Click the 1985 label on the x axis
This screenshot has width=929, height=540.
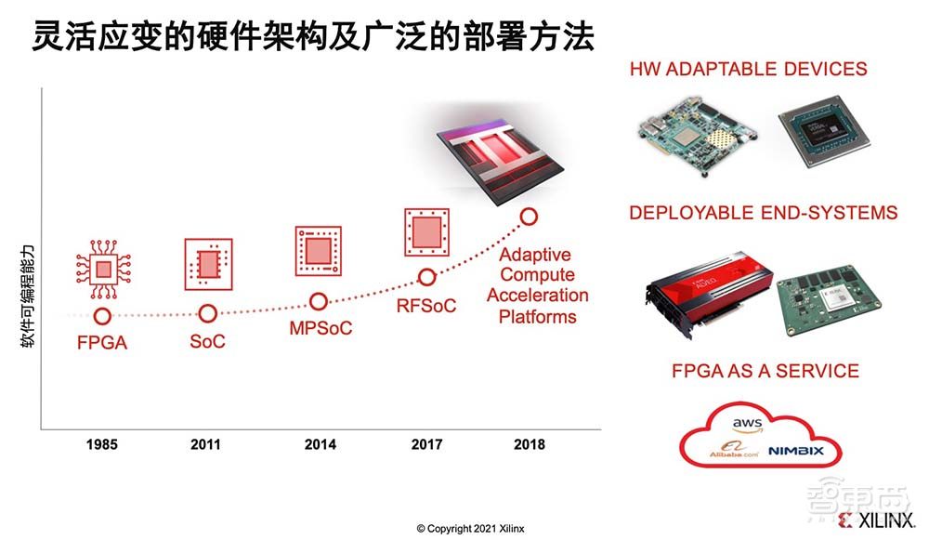[x=101, y=444]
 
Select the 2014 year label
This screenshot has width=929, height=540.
[x=320, y=444]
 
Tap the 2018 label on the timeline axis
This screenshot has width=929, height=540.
[x=529, y=444]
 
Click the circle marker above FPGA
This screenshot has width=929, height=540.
[x=102, y=317]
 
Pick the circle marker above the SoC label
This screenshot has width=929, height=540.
[x=208, y=314]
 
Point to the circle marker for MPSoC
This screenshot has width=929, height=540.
[x=319, y=301]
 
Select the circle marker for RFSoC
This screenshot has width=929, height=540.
[x=426, y=277]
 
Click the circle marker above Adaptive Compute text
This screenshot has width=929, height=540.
[x=529, y=217]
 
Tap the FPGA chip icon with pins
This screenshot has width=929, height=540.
[x=102, y=270]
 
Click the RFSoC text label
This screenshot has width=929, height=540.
[x=426, y=305]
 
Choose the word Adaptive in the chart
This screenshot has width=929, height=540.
[x=535, y=255]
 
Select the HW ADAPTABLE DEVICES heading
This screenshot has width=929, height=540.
[x=748, y=69]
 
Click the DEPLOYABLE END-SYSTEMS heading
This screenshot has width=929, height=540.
[x=763, y=213]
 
